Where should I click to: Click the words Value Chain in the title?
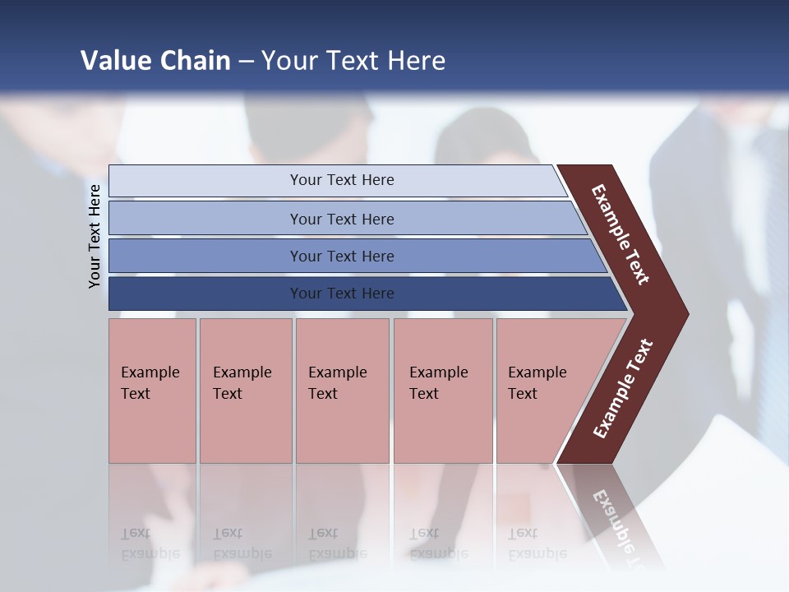[155, 60]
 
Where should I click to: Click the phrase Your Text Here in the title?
[353, 60]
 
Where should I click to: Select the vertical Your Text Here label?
[95, 236]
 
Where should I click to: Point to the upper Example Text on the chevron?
[621, 234]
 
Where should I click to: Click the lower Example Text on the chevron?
[623, 389]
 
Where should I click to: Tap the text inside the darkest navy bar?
[342, 294]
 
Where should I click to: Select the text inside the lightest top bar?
[342, 180]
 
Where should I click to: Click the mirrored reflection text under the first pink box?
[150, 543]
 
